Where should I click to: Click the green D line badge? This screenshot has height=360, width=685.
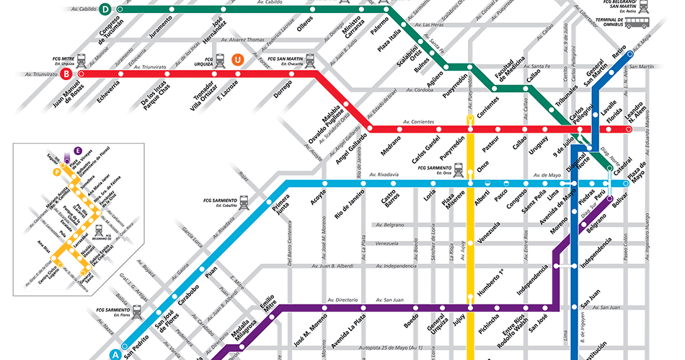click(105, 9)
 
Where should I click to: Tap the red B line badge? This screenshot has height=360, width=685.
click(66, 74)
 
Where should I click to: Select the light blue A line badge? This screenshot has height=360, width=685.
click(113, 354)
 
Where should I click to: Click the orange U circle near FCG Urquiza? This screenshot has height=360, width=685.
click(237, 60)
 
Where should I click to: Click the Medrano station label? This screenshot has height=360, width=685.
click(392, 142)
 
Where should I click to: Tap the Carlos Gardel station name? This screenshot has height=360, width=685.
click(425, 148)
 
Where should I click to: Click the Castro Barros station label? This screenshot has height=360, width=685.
click(390, 204)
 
